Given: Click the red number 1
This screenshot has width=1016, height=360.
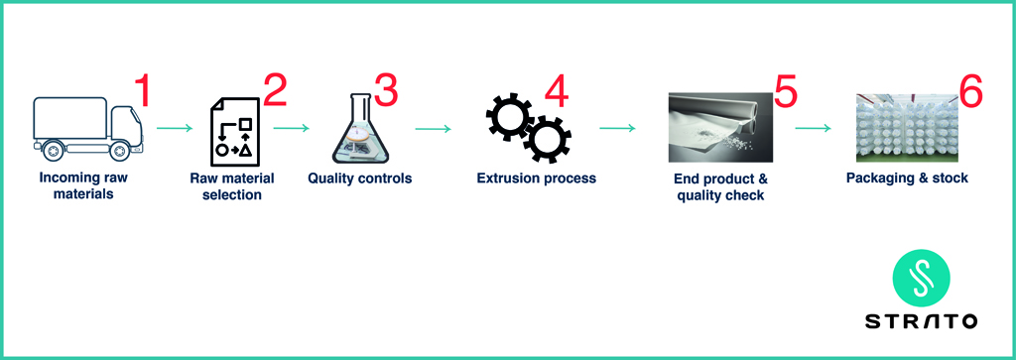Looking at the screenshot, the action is pyautogui.click(x=142, y=90).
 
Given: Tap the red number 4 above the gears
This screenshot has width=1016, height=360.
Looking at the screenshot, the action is pyautogui.click(x=557, y=90).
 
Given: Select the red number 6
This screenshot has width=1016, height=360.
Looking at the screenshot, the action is pyautogui.click(x=970, y=90).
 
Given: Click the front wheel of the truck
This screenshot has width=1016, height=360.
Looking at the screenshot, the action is pyautogui.click(x=119, y=151).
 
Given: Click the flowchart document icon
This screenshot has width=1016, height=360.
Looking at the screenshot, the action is pyautogui.click(x=234, y=132).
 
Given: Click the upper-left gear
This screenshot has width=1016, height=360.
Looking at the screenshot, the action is pyautogui.click(x=509, y=116).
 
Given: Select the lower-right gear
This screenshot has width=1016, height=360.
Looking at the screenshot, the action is pyautogui.click(x=547, y=139).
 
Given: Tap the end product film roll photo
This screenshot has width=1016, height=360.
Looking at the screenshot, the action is pyautogui.click(x=720, y=127).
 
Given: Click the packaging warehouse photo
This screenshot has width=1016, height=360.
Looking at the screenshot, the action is pyautogui.click(x=907, y=128).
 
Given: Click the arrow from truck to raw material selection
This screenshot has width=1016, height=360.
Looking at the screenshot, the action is pyautogui.click(x=175, y=128).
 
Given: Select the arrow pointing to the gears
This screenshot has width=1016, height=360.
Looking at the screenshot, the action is pyautogui.click(x=433, y=128).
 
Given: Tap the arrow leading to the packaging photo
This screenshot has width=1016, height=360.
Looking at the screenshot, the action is pyautogui.click(x=813, y=128).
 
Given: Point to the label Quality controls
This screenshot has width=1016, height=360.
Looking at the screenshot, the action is pyautogui.click(x=359, y=179).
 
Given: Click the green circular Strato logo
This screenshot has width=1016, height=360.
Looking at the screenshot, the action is pyautogui.click(x=921, y=279).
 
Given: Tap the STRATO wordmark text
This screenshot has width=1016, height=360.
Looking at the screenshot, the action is pyautogui.click(x=921, y=321).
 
